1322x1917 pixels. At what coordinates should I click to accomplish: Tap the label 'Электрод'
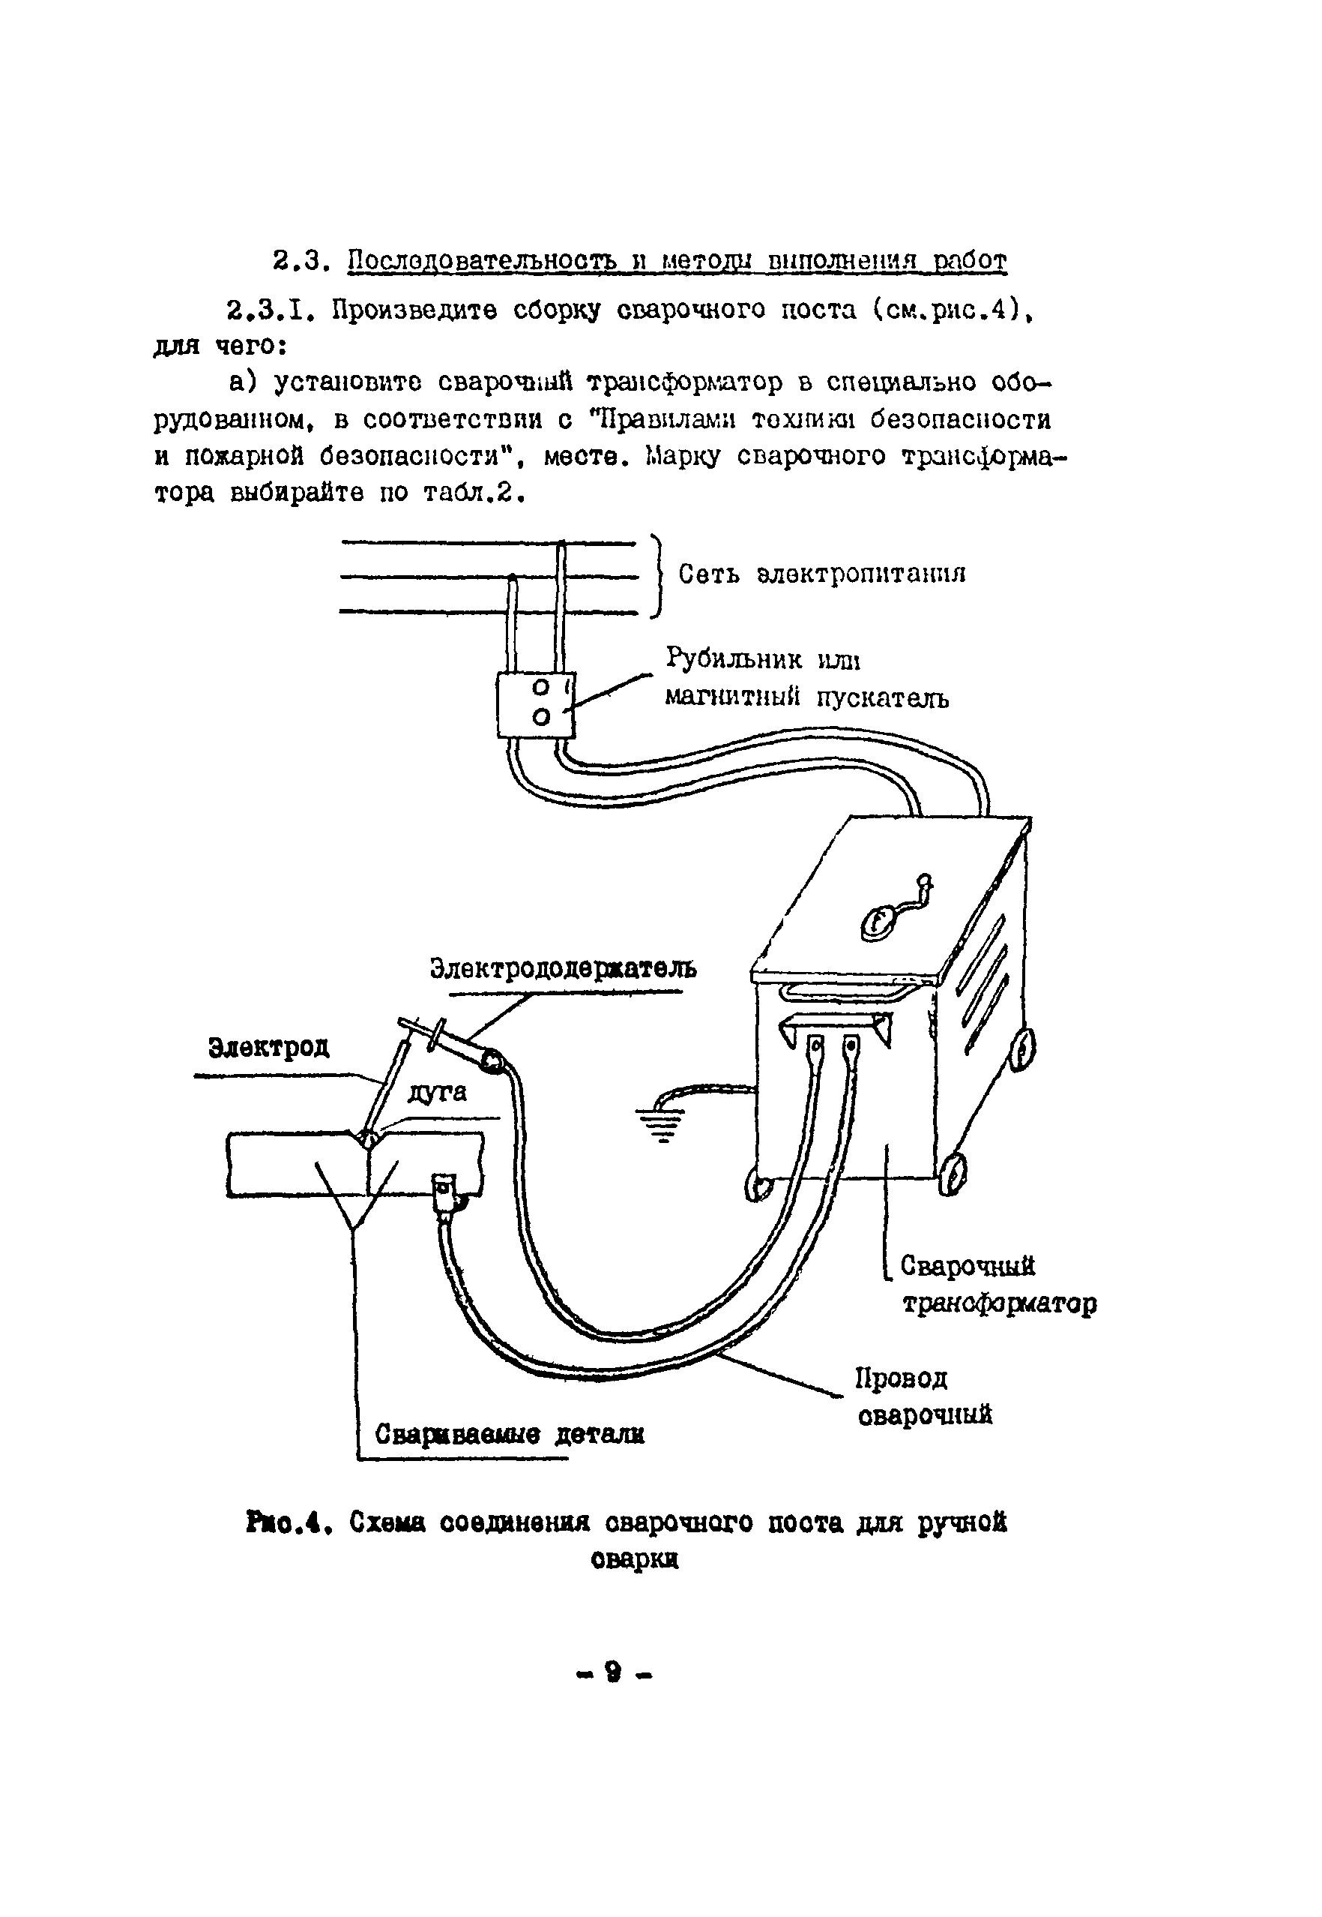[268, 1048]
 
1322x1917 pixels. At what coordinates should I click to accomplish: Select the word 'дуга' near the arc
[438, 1091]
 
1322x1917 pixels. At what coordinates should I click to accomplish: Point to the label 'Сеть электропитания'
[821, 574]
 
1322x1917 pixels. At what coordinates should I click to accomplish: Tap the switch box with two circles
[535, 703]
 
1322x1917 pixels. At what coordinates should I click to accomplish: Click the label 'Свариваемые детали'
[510, 1433]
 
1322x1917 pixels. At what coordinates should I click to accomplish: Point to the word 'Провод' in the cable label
[902, 1378]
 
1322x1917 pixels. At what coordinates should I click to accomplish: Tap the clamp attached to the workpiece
[446, 1194]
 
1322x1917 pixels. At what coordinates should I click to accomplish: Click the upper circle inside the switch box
[541, 687]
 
